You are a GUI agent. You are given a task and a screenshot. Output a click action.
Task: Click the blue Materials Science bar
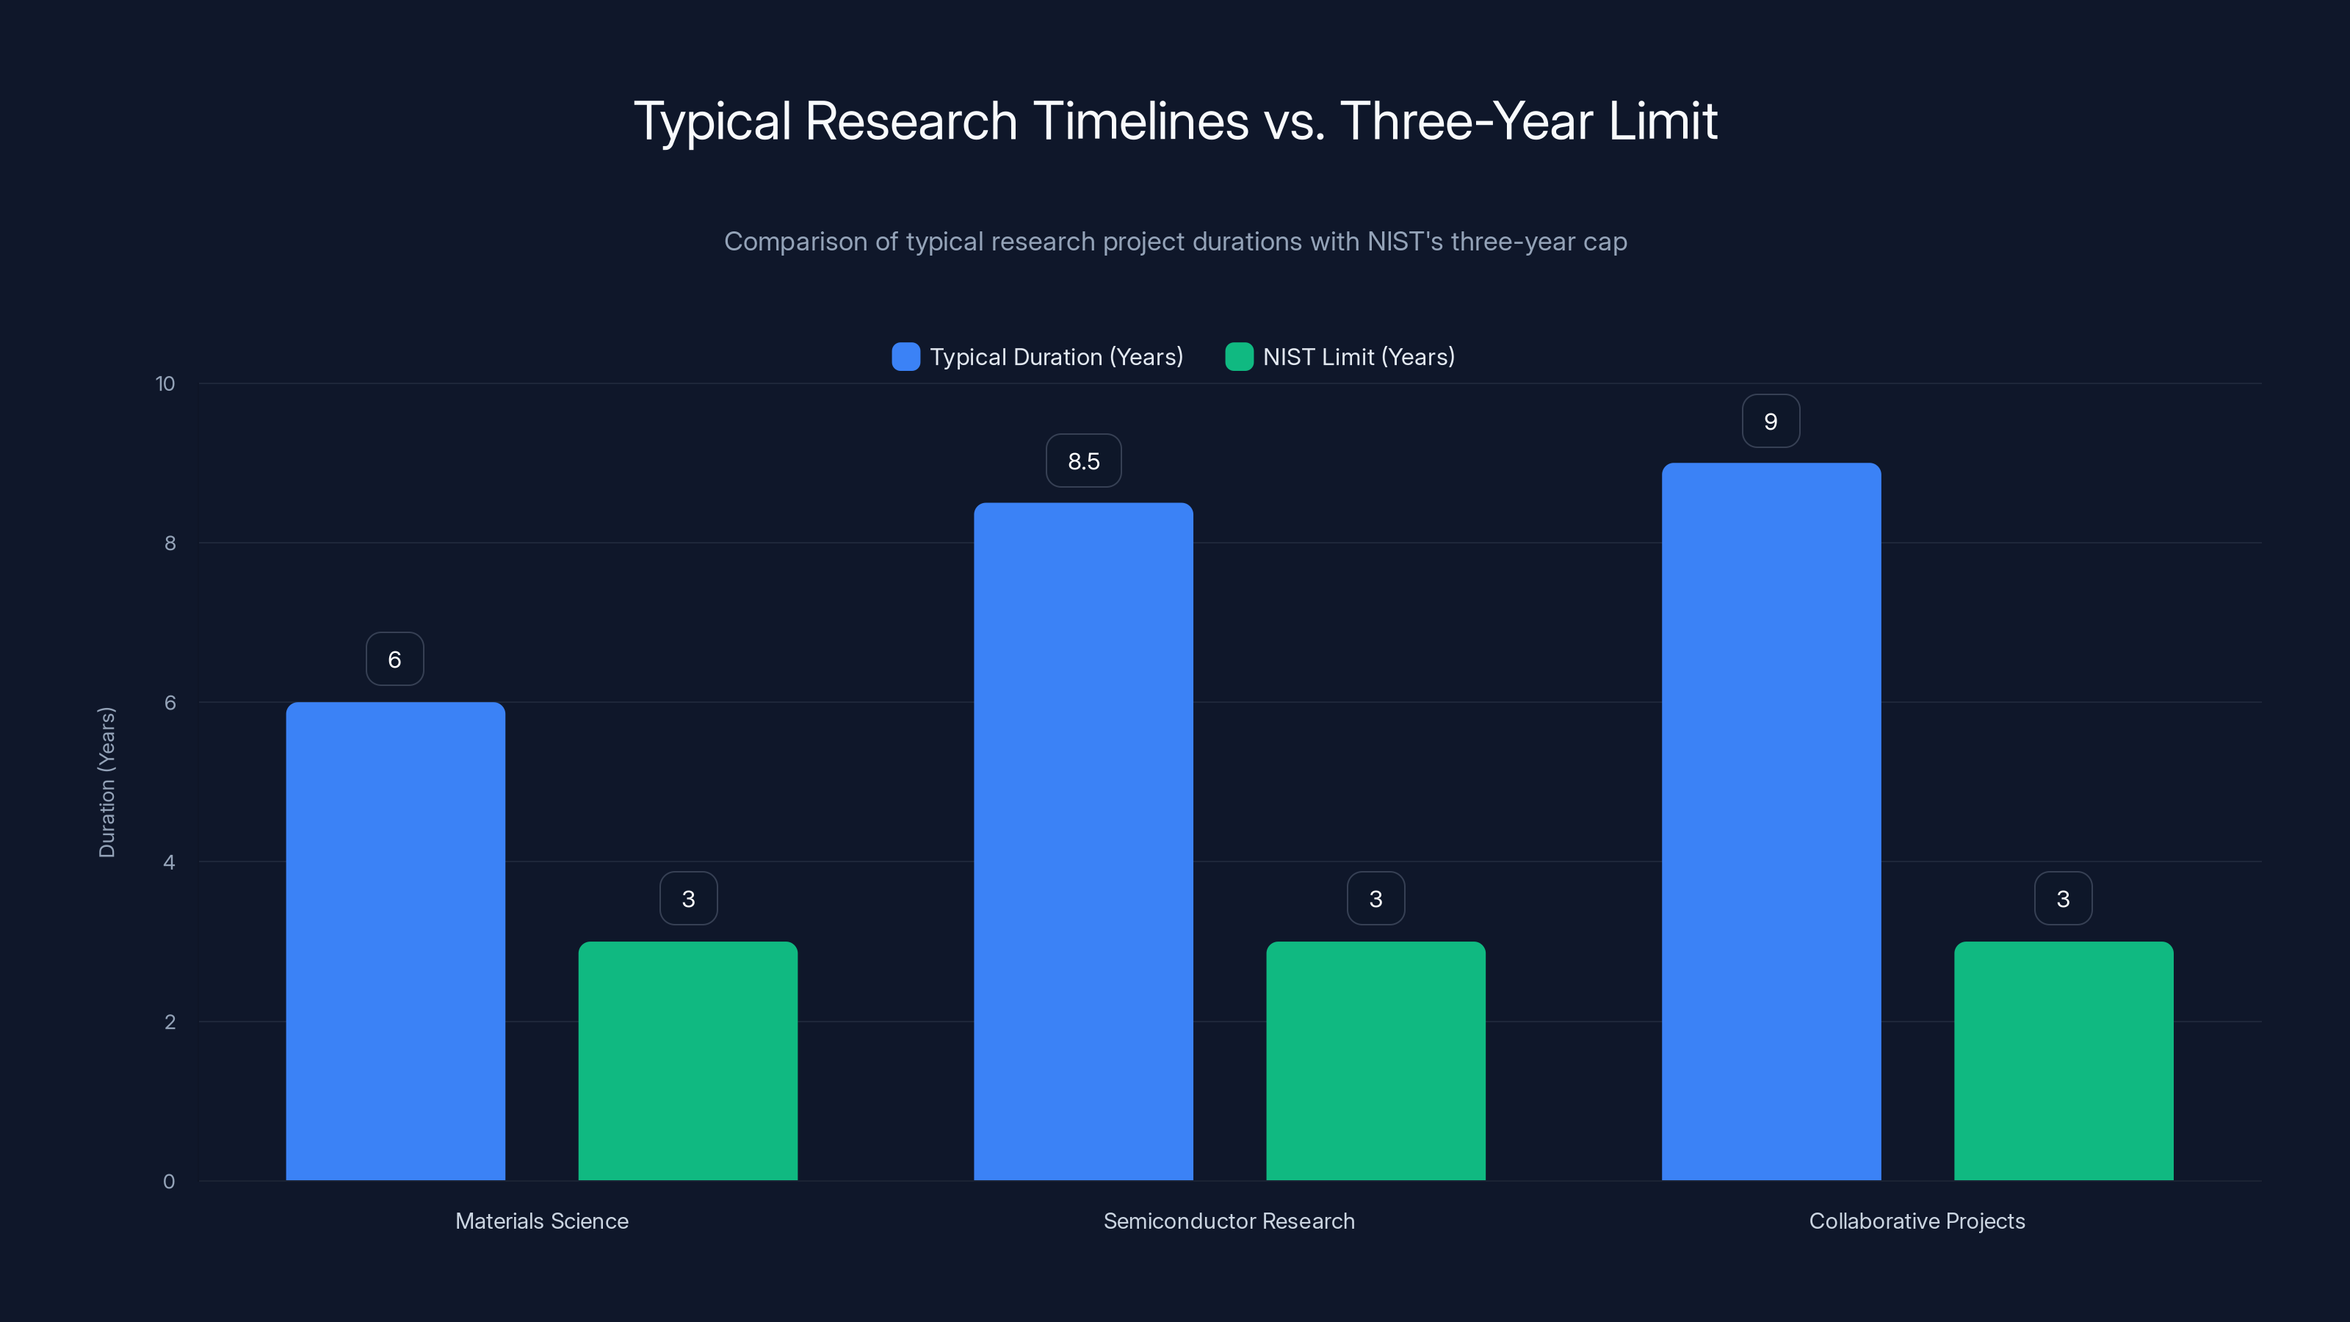[395, 941]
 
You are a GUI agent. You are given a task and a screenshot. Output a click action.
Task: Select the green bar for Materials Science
[688, 1060]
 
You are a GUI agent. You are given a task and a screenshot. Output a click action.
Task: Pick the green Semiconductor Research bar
[1375, 1060]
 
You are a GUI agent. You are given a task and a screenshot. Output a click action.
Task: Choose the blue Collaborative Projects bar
[1771, 821]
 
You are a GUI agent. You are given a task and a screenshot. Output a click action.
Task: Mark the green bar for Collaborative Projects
[2064, 1060]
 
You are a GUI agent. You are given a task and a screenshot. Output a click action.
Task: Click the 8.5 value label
[1083, 460]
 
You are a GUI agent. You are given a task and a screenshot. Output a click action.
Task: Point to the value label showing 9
[1771, 422]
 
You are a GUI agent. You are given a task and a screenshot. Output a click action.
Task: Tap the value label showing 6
[395, 660]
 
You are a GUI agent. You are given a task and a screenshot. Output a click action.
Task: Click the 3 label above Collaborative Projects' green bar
[2064, 899]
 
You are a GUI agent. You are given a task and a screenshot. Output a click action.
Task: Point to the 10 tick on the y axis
[165, 383]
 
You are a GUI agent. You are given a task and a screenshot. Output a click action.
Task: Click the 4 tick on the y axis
[169, 862]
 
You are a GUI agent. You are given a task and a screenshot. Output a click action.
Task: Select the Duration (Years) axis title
[106, 782]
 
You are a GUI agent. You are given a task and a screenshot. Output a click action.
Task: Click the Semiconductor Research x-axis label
[1229, 1221]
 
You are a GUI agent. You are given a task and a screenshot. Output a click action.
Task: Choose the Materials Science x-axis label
[542, 1221]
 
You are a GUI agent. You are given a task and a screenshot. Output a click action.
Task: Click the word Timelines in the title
[1140, 121]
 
